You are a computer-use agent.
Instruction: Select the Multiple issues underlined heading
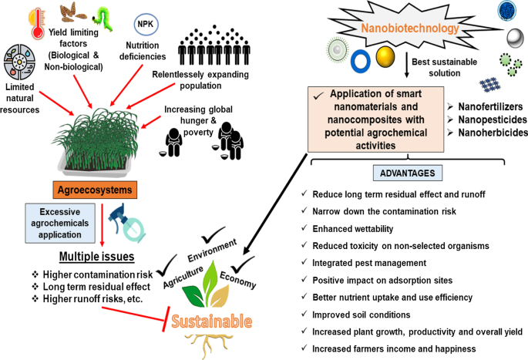tap(98, 255)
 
